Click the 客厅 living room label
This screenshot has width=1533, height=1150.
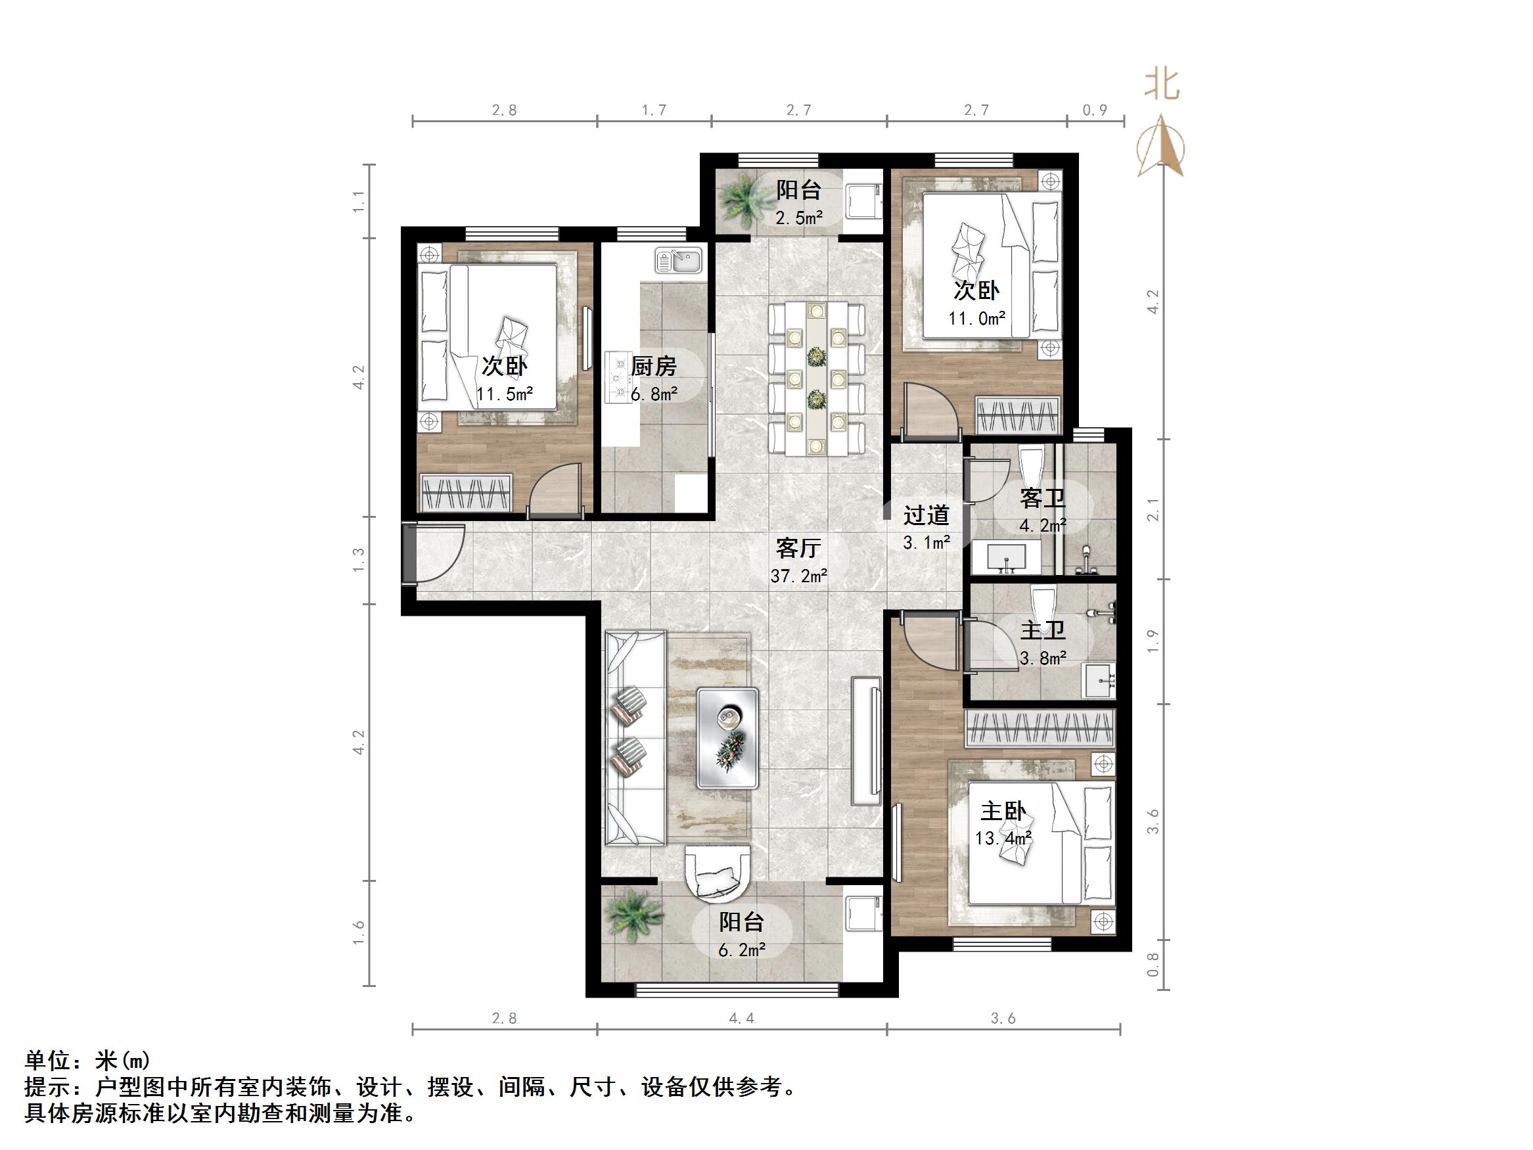point(798,548)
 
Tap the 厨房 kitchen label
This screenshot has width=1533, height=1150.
point(654,366)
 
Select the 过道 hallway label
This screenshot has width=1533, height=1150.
point(926,515)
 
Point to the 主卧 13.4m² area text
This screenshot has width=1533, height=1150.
point(1003,838)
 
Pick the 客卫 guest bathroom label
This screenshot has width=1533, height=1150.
point(1042,498)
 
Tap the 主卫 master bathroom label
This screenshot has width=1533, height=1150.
point(1042,630)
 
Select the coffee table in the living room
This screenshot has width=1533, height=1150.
point(727,737)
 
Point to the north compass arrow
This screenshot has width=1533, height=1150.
point(1161,148)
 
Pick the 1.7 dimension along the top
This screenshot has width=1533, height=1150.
point(654,110)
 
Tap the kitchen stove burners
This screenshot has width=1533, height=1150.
point(616,378)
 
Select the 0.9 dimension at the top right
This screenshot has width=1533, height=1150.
point(1094,110)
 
